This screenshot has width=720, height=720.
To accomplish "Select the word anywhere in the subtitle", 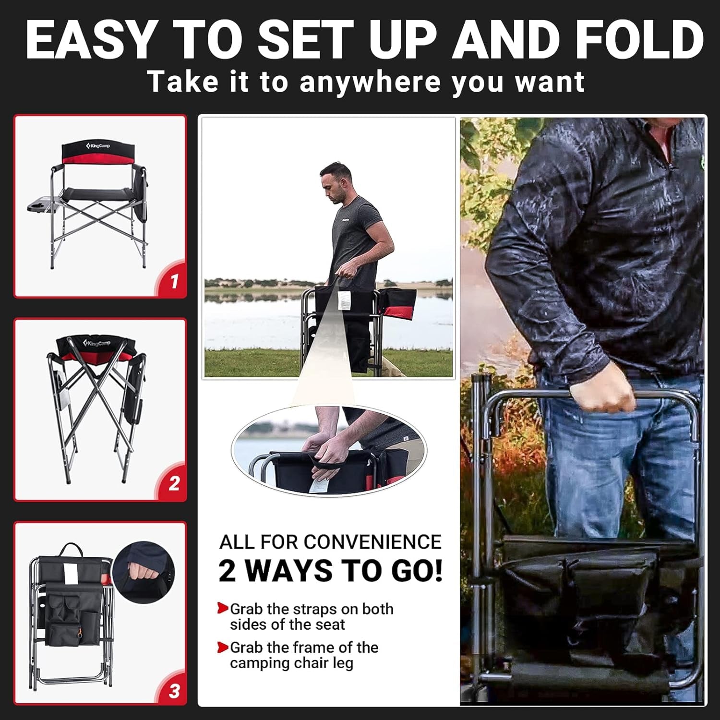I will [x=370, y=81].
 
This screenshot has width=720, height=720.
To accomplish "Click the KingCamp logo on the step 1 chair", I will [x=98, y=145].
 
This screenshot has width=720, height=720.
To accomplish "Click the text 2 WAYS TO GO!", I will [x=330, y=571].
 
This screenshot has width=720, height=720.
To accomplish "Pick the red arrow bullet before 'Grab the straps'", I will [x=222, y=609].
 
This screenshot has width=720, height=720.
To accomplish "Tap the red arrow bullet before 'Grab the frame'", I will [x=222, y=647].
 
